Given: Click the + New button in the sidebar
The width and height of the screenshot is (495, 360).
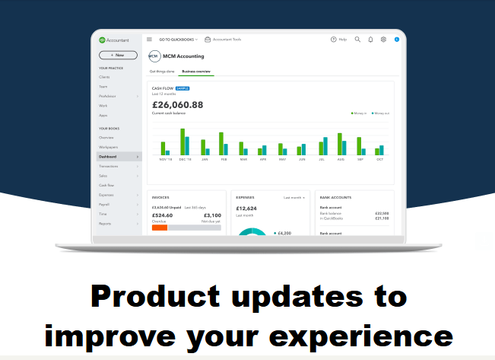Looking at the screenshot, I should coord(118,55).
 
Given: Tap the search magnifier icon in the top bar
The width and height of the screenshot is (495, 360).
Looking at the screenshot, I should coord(357,39).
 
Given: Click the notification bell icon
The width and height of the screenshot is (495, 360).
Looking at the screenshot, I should coord(370,39).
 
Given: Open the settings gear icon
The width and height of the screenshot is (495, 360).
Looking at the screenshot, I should coord(383,39).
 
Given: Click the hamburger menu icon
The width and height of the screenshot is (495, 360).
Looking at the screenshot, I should coord(150,39).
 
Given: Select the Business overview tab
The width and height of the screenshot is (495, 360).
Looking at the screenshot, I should coord(197,72).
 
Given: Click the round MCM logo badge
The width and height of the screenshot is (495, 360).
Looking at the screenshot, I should coord(154,56).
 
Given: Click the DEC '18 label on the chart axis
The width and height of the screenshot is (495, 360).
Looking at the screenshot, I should coord(185,159).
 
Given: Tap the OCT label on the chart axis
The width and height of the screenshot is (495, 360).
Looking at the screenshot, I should coord(379,159).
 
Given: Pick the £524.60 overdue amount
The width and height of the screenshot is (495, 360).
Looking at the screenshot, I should coord(163,215).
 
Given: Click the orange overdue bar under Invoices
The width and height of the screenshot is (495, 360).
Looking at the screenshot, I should coord(160,228).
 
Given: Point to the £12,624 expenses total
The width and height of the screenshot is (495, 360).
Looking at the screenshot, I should coord(247,208).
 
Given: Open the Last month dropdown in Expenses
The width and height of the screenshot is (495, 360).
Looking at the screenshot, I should coord(295,197).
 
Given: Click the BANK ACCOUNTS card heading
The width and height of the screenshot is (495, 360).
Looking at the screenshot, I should coord(336,197).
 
